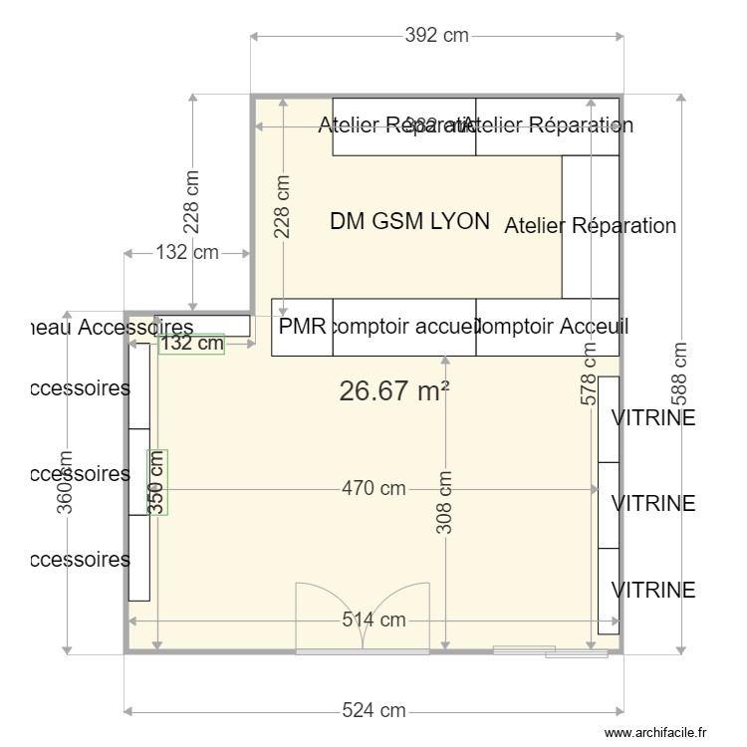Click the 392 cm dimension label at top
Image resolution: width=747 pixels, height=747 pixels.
coord(436,36)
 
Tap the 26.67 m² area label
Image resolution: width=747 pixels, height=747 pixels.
coord(393,391)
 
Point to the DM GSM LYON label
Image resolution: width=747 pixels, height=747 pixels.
coord(409,221)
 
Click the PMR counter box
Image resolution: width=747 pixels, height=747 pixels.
coord(302,327)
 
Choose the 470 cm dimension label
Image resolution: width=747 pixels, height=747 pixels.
coord(373,488)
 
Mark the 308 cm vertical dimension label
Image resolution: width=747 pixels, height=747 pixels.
coord(445,503)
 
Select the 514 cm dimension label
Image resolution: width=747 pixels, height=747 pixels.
coord(373,620)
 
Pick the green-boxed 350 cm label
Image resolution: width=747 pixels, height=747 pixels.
coord(157,481)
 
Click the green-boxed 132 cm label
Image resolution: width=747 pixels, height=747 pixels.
coord(191,344)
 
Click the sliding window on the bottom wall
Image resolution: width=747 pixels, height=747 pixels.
coord(551,652)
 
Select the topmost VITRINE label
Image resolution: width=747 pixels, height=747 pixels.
coord(653,418)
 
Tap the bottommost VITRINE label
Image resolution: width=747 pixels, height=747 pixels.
coord(653,590)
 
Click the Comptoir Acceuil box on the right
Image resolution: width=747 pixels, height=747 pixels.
coord(548,327)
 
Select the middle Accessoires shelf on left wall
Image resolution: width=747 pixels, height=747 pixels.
coord(139,473)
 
